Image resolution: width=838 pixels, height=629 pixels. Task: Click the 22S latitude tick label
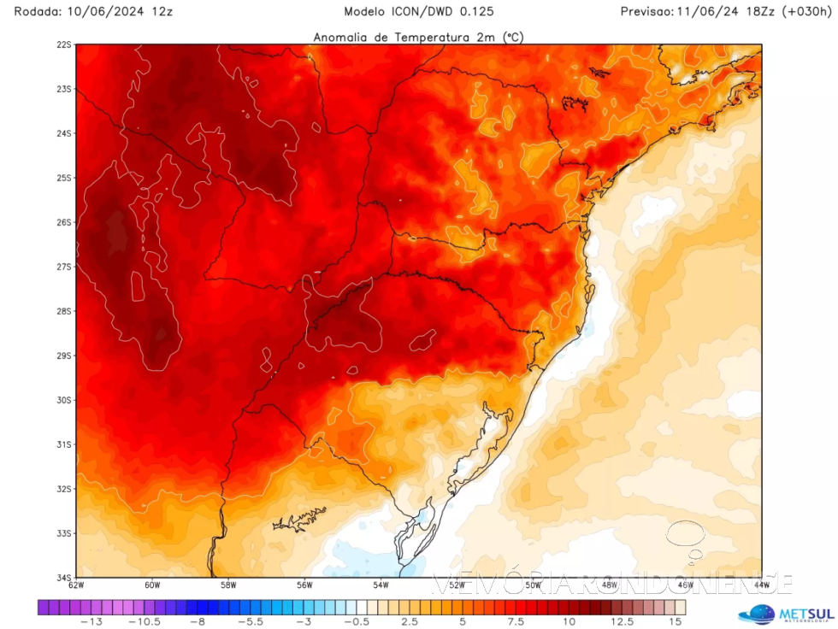coord(63,44)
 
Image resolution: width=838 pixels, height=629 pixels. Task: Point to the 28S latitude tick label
coord(63,311)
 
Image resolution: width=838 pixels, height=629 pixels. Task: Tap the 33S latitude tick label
coord(63,533)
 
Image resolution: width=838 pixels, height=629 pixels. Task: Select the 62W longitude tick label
coord(76,585)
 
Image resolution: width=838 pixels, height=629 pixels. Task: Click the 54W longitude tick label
coord(381,585)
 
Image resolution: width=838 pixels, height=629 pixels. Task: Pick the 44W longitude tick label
coord(761,585)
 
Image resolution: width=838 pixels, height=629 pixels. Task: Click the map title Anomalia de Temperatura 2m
coord(418,37)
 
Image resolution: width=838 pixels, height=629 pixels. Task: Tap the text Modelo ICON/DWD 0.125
coord(418,11)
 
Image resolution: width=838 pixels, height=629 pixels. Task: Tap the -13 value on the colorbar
coord(92,622)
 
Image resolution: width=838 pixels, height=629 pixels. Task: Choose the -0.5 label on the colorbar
coord(363,622)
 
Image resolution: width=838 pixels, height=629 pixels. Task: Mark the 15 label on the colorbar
coord(676,622)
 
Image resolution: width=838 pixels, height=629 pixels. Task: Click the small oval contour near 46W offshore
coord(685,534)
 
